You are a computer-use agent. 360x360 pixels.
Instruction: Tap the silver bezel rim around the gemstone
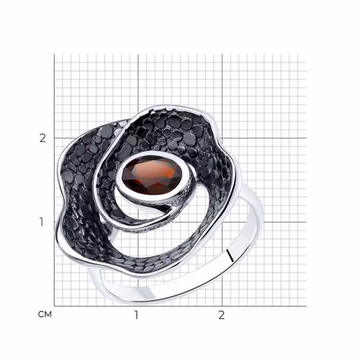tap(120, 177)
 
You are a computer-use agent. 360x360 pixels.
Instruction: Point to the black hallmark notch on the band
tap(230, 255)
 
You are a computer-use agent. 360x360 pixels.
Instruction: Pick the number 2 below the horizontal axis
tap(221, 315)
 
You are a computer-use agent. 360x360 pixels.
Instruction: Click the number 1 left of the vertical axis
tap(41, 222)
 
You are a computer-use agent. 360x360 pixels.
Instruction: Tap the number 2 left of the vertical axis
tap(43, 138)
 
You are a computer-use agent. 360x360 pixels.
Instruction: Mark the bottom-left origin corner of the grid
tap(54, 306)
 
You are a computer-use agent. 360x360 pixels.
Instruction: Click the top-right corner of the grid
tap(306, 54)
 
